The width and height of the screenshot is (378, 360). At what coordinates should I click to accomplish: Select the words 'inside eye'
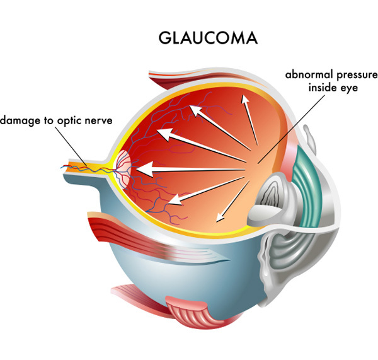click(332, 88)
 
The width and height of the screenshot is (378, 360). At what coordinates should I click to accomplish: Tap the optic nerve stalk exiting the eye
click(82, 168)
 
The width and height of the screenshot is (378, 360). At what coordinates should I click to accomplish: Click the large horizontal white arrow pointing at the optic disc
click(189, 169)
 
